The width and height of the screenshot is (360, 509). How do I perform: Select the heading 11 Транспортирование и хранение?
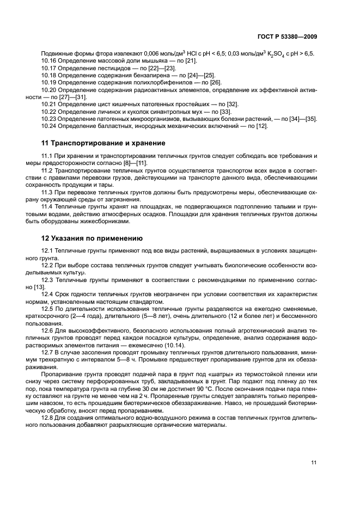[x=103, y=143]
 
